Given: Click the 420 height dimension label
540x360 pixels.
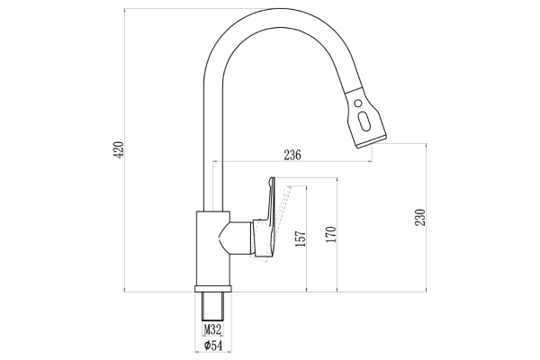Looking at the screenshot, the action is pyautogui.click(x=119, y=149).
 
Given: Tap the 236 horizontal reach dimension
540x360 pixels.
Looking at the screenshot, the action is pyautogui.click(x=292, y=155).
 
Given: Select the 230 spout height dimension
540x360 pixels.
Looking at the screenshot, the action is pyautogui.click(x=420, y=218).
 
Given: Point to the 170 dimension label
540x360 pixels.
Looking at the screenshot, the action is pyautogui.click(x=331, y=234).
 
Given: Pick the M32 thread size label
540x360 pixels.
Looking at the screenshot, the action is pyautogui.click(x=212, y=329).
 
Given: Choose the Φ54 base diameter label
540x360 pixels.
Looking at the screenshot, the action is pyautogui.click(x=212, y=345).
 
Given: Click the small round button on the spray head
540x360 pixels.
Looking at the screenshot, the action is pyautogui.click(x=358, y=103).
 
